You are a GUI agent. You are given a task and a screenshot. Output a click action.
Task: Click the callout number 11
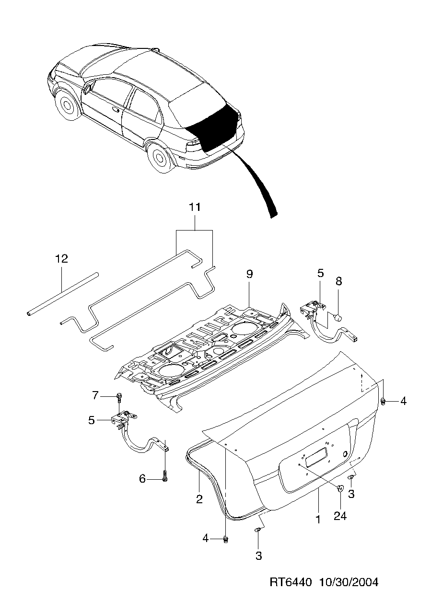pos(195,208)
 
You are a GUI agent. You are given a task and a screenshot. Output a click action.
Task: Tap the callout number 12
pos(61,259)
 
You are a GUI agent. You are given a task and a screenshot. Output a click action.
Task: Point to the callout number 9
pos(249,274)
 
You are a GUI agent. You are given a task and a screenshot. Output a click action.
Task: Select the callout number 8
pos(338,281)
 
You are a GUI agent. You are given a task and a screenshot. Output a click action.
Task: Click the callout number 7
pos(95,395)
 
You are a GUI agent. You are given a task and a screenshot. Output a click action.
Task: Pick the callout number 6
pos(142,479)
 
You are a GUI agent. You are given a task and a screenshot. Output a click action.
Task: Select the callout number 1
pos(317,519)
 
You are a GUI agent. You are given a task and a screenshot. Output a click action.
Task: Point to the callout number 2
pos(199,499)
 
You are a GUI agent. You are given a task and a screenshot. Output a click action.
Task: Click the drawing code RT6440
pos(291,582)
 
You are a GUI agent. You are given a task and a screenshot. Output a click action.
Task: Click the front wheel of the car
pos(68,106)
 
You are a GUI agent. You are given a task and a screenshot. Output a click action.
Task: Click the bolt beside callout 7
pos(119,396)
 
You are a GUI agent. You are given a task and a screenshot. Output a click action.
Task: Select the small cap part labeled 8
pos(337,317)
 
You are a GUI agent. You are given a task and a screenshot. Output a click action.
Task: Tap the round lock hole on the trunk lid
pos(345,453)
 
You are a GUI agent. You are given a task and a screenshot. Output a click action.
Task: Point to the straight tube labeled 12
pos(62,293)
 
